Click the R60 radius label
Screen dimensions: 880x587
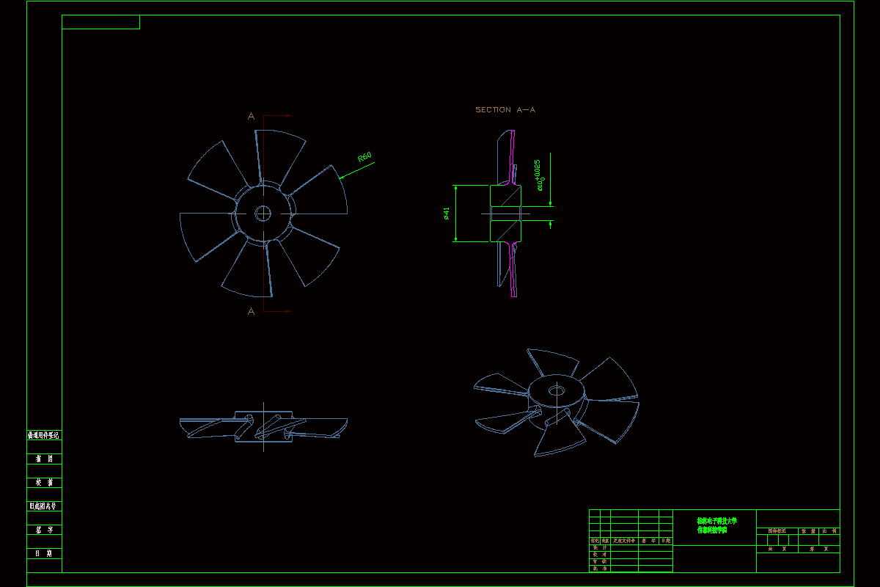pos(364,157)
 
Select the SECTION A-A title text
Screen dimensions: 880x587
pos(505,110)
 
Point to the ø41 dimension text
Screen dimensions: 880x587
pos(446,214)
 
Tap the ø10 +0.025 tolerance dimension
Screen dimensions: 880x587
pos(540,175)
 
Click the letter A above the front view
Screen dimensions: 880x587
pos(251,116)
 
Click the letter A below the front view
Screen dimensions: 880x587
pos(251,311)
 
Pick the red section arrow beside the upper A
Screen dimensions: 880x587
pos(279,116)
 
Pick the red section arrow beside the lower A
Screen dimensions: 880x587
pos(279,311)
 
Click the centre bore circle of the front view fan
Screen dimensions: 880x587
pos(263,214)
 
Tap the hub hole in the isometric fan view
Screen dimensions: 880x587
pos(557,390)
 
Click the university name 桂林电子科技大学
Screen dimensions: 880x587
pos(716,521)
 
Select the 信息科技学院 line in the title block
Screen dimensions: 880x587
pos(712,529)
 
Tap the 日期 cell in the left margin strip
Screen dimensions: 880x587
pos(44,553)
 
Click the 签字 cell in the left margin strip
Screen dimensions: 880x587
pos(44,530)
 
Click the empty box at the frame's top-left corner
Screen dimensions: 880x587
pos(100,22)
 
